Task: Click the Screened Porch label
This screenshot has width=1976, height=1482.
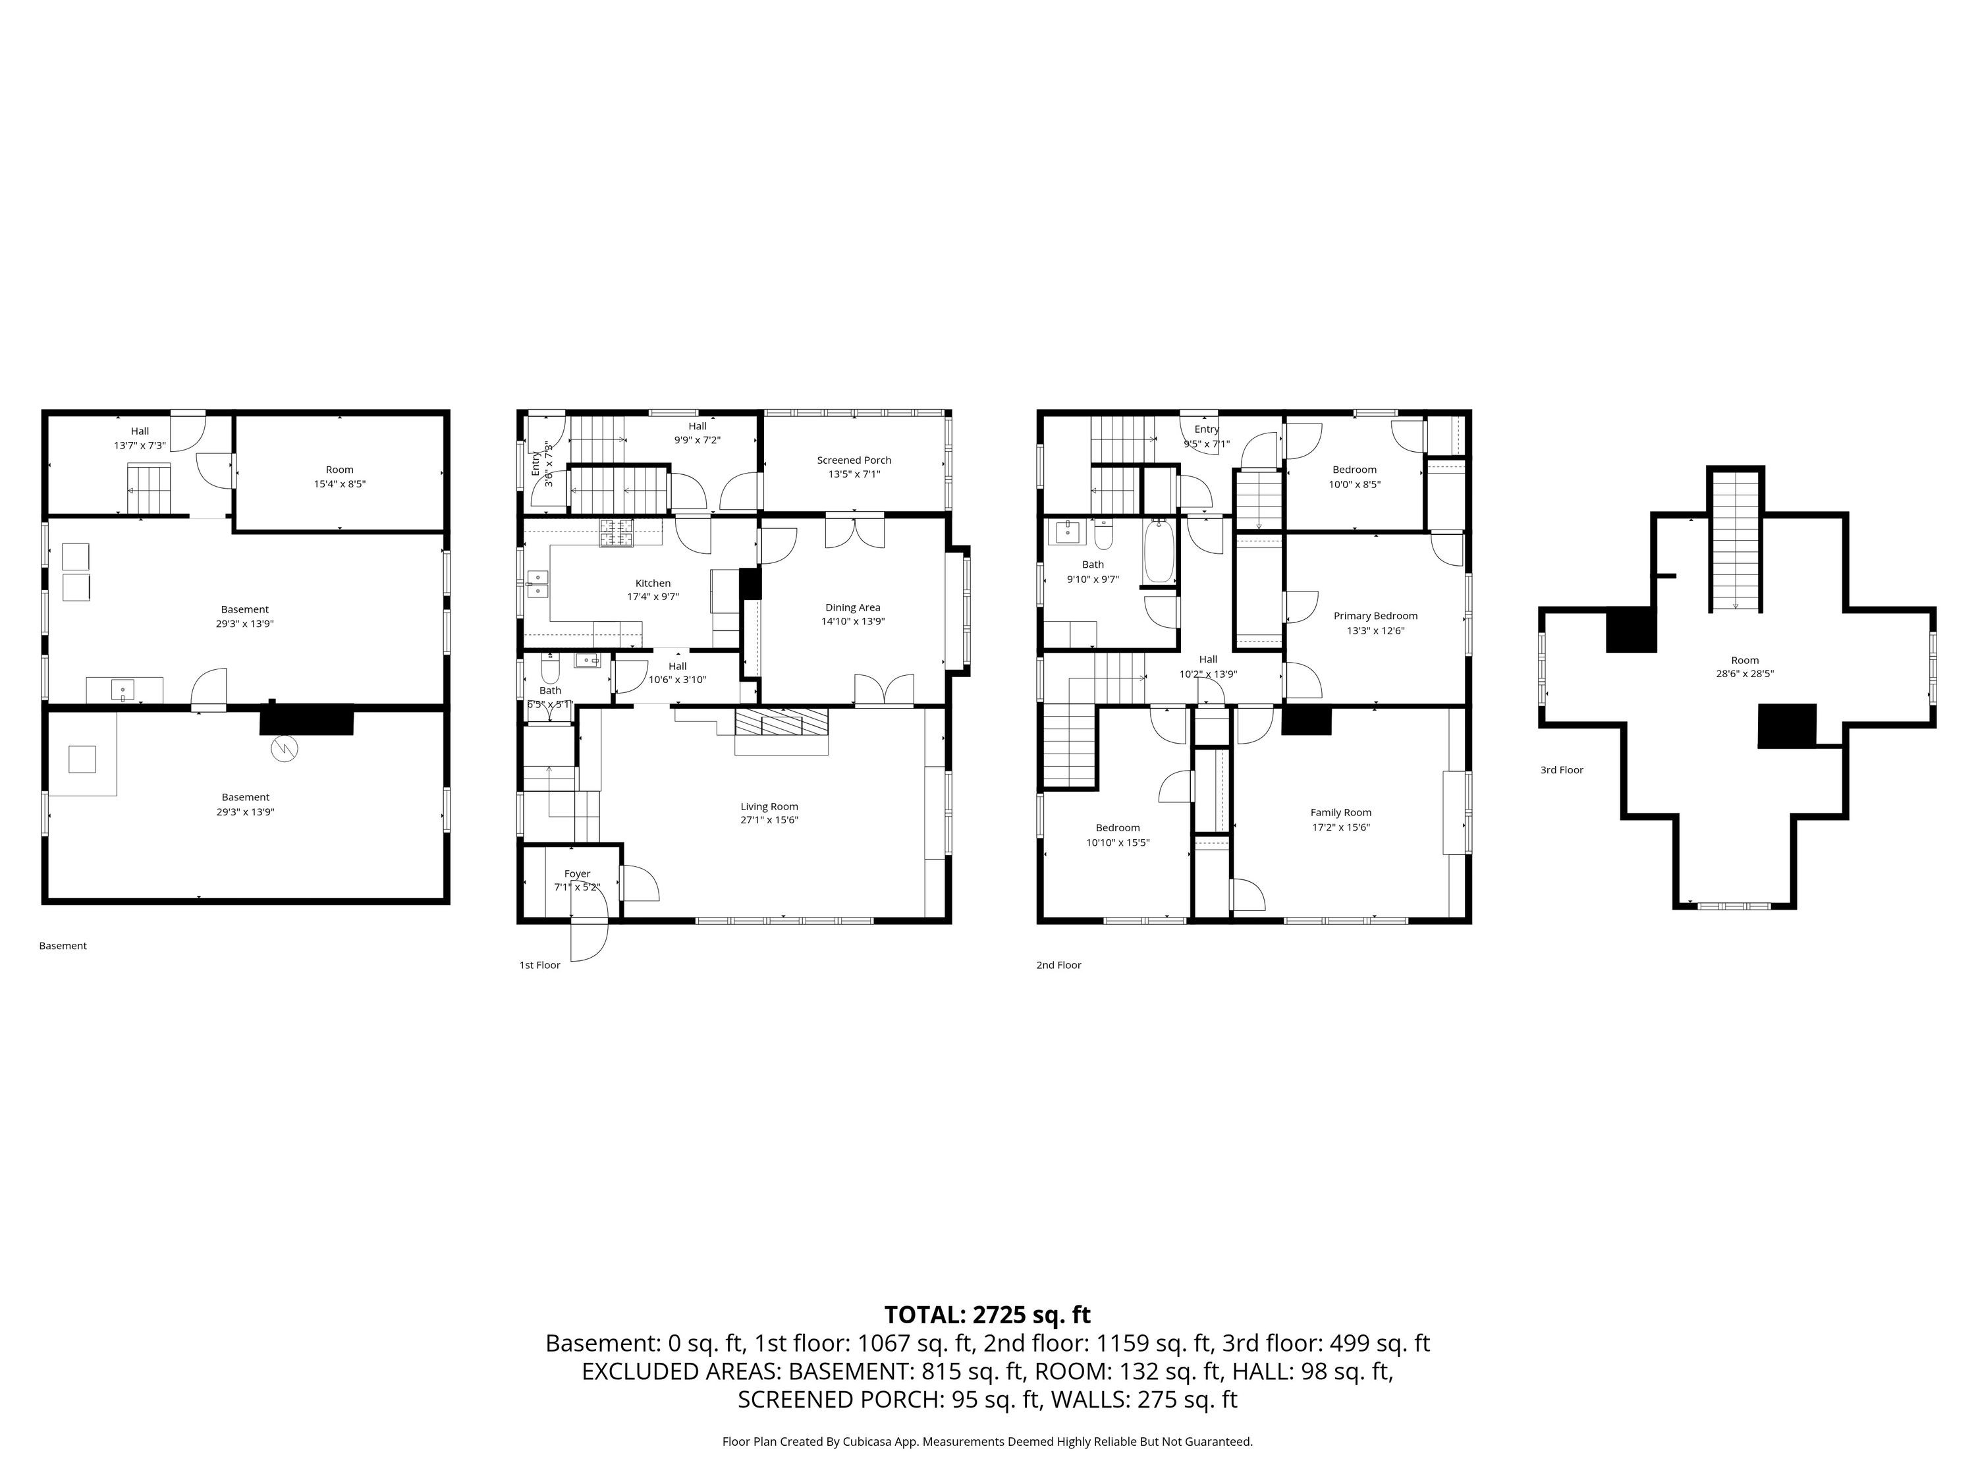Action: pyautogui.click(x=854, y=460)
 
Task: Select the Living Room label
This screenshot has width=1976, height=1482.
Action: pyautogui.click(x=769, y=807)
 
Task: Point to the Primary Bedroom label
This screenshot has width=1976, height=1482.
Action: pyautogui.click(x=1376, y=617)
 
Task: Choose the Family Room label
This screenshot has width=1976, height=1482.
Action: pyautogui.click(x=1341, y=813)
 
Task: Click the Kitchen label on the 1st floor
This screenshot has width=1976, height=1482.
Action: pyautogui.click(x=653, y=584)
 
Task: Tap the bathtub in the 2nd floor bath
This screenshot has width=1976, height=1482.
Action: pyautogui.click(x=1158, y=551)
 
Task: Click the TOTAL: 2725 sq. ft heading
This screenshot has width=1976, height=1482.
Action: pyautogui.click(x=987, y=1315)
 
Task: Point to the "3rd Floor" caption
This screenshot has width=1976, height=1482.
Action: pyautogui.click(x=1562, y=770)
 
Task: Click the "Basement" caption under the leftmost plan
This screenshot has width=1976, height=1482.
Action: pyautogui.click(x=63, y=946)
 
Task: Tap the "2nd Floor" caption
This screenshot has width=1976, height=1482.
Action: pyautogui.click(x=1058, y=966)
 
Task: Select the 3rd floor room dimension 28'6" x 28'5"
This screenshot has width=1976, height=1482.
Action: pyautogui.click(x=1745, y=674)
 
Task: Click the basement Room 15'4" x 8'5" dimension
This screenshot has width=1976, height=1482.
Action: pyautogui.click(x=339, y=484)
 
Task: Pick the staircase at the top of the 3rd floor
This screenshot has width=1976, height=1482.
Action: pyautogui.click(x=1736, y=541)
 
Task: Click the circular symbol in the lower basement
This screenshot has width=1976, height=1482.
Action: pyautogui.click(x=284, y=749)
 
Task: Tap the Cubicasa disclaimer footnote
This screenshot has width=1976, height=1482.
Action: pyautogui.click(x=987, y=1442)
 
